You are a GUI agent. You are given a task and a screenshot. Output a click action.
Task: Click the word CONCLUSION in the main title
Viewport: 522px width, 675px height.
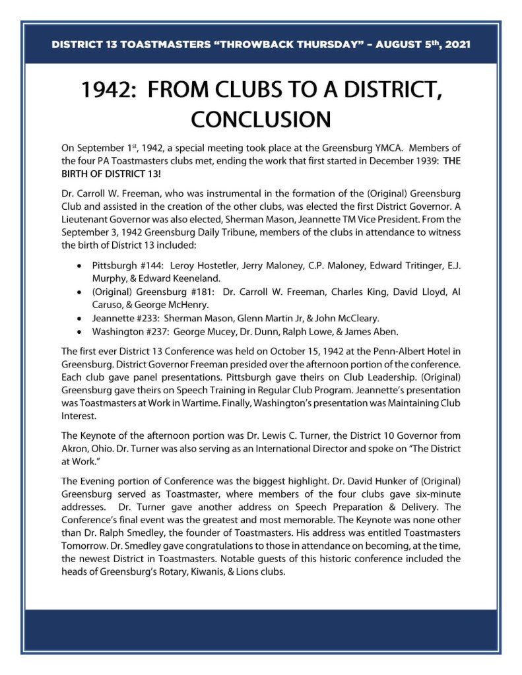click(261, 119)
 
